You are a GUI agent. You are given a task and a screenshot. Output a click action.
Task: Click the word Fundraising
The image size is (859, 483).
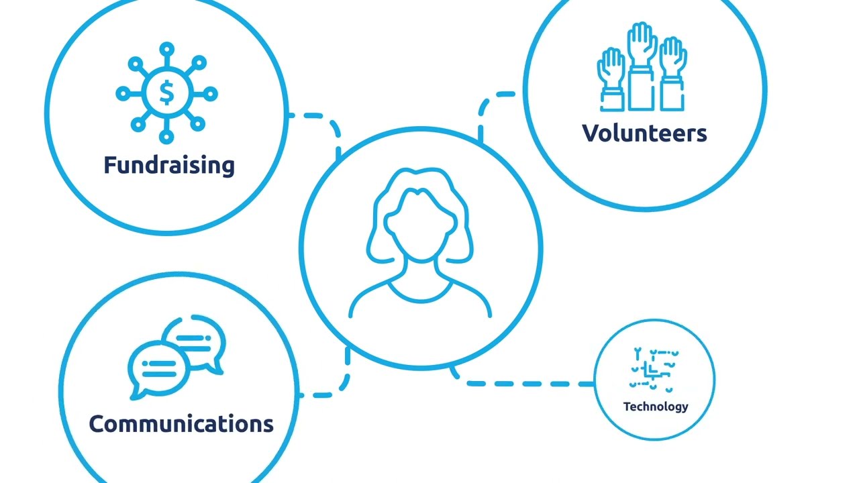(x=169, y=166)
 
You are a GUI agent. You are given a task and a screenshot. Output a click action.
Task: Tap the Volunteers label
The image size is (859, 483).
(x=644, y=133)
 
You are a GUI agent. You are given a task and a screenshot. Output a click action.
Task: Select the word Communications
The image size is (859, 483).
(x=181, y=424)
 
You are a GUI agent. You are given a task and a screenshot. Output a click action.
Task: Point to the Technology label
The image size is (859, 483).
(x=656, y=407)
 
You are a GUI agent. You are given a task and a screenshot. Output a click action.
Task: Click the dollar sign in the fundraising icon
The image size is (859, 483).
(x=166, y=93)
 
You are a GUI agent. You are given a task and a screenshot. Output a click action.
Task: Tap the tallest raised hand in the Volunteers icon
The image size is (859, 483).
(x=642, y=66)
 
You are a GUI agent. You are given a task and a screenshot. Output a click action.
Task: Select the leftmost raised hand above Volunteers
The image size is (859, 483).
(x=611, y=80)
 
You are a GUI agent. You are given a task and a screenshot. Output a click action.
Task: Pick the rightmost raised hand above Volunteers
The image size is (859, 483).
(x=672, y=74)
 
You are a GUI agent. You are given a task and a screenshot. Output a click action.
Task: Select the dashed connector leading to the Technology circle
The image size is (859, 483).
(x=521, y=383)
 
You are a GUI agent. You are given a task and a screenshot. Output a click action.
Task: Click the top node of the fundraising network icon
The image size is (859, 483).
(x=167, y=50)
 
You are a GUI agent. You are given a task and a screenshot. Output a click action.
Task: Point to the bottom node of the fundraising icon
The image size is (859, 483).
(x=166, y=136)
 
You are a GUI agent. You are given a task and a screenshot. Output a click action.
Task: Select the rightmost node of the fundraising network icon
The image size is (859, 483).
(x=210, y=94)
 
